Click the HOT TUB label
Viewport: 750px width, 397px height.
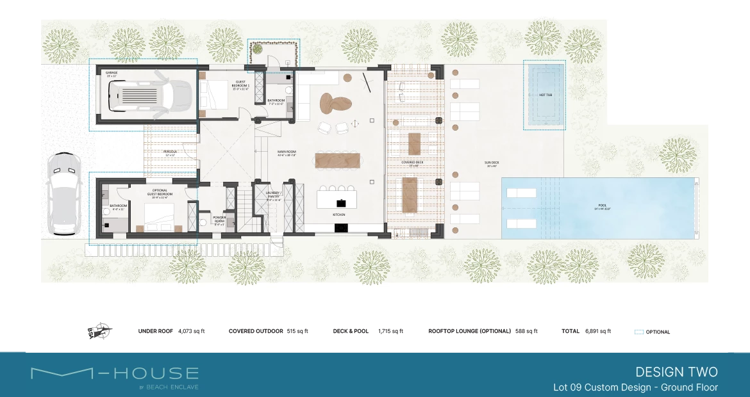(x=546, y=95)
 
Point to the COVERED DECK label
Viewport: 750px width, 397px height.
(x=412, y=163)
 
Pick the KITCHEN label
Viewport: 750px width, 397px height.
(x=340, y=215)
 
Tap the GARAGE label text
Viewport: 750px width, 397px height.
(x=112, y=73)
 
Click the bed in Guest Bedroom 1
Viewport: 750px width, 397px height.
(x=215, y=96)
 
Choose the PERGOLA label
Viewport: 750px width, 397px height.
(x=169, y=152)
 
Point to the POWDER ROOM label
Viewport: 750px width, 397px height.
(x=219, y=219)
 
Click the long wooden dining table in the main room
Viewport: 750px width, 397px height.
(x=338, y=160)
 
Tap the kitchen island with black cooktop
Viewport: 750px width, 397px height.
(x=340, y=200)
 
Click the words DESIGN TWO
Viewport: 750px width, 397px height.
(x=676, y=372)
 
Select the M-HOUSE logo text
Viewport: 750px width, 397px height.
(x=115, y=373)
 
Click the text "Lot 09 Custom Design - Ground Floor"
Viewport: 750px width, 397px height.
(x=635, y=387)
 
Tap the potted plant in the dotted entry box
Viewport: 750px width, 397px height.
(x=258, y=49)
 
